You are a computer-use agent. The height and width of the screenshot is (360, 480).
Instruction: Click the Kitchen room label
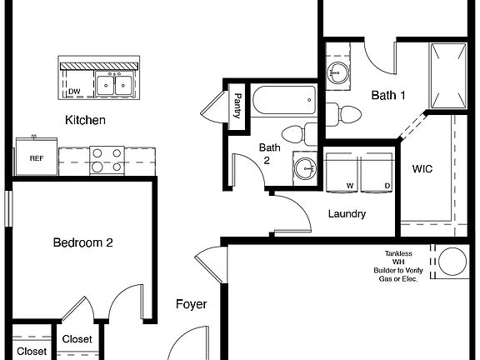[85, 121]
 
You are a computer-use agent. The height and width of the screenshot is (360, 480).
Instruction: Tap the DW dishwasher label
[74, 92]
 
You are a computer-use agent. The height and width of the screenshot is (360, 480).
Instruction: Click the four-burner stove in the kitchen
[107, 160]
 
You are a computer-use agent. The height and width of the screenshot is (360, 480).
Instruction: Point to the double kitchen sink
[116, 84]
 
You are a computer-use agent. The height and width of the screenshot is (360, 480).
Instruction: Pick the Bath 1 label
[388, 96]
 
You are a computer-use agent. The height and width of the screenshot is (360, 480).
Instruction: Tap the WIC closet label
[422, 168]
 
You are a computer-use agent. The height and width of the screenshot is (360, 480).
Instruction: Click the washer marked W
[343, 173]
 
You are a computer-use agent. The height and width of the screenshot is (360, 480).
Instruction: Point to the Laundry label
[347, 214]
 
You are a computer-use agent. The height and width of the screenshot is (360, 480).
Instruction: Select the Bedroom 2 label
[82, 243]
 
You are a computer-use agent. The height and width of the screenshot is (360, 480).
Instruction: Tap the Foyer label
[191, 305]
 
